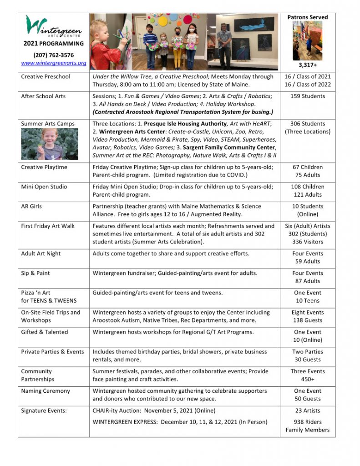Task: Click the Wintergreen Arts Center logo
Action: pyautogui.click(x=53, y=27)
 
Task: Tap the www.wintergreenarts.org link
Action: pyautogui.click(x=53, y=63)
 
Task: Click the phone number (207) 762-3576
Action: pyautogui.click(x=53, y=55)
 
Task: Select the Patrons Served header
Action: pyautogui.click(x=307, y=17)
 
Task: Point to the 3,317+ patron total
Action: pyautogui.click(x=307, y=65)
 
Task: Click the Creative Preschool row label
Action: pyautogui.click(x=46, y=76)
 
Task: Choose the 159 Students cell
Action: pyautogui.click(x=307, y=96)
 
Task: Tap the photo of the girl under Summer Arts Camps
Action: pyautogui.click(x=49, y=144)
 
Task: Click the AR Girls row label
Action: pyautogui.click(x=31, y=206)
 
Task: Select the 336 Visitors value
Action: pyautogui.click(x=307, y=242)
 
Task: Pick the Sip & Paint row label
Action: pyautogui.click(x=35, y=273)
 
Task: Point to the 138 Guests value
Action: pyautogui.click(x=307, y=320)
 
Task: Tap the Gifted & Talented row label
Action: pyautogui.click(x=44, y=332)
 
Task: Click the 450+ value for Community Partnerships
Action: pyautogui.click(x=307, y=379)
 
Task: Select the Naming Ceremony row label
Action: pyautogui.click(x=46, y=391)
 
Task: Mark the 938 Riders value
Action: pyautogui.click(x=307, y=422)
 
